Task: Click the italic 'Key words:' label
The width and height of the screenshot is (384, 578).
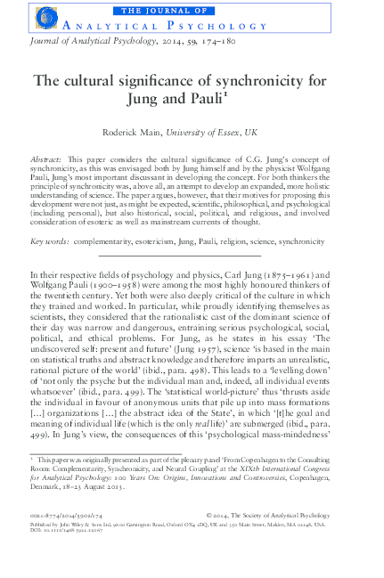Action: coord(52,241)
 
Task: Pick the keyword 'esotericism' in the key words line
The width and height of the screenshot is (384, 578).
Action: coord(164,241)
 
